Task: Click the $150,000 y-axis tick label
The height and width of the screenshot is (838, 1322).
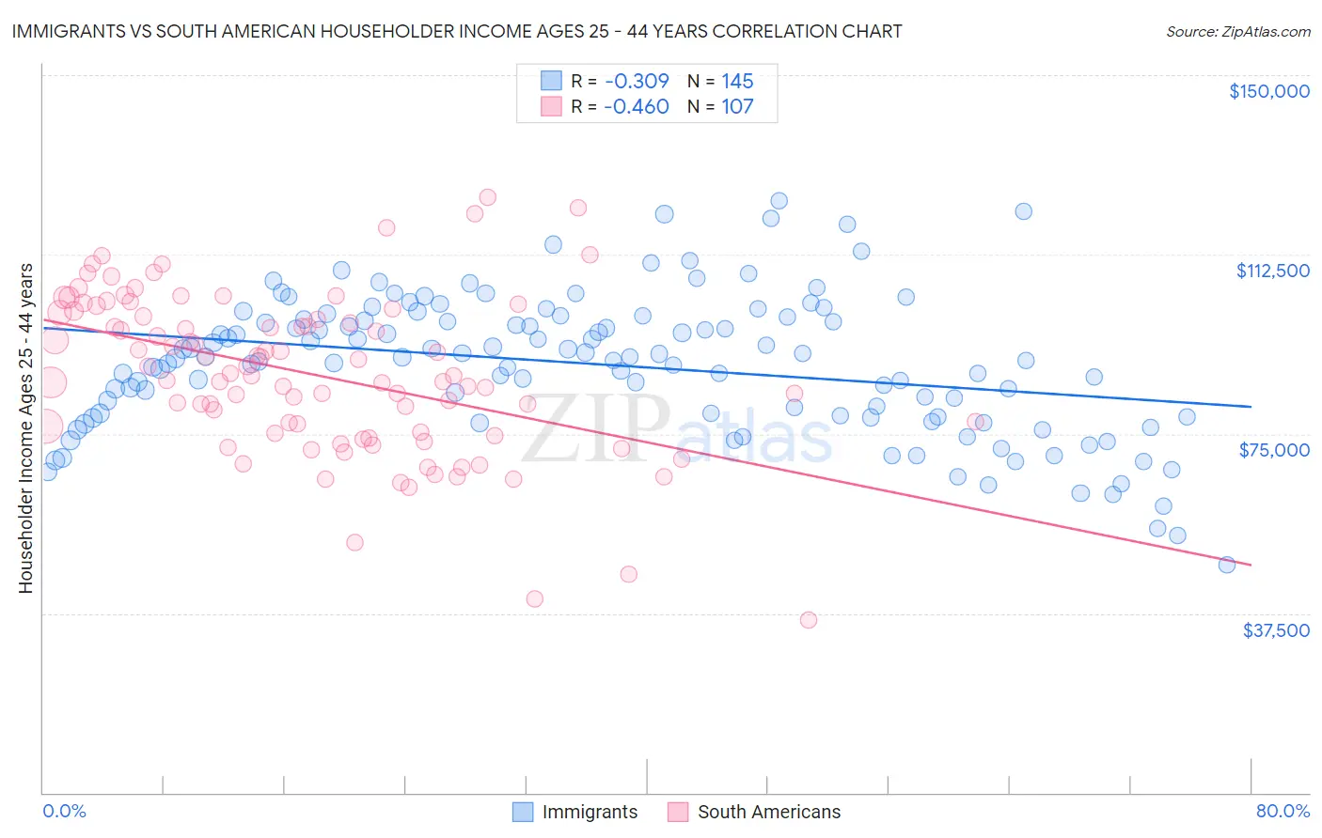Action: [x=1268, y=91]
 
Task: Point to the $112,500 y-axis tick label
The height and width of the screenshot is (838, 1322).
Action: [x=1271, y=271]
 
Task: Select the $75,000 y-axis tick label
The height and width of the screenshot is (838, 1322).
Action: [x=1273, y=450]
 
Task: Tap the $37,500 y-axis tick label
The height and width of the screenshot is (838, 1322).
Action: [x=1275, y=630]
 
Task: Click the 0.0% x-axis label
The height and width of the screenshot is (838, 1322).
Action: [x=64, y=811]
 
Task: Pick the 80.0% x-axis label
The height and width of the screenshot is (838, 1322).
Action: [x=1283, y=811]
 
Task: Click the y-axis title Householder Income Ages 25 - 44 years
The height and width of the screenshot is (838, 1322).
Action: [x=25, y=428]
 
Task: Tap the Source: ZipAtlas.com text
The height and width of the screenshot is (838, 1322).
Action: [x=1237, y=31]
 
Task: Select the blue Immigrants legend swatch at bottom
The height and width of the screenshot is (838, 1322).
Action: [x=523, y=812]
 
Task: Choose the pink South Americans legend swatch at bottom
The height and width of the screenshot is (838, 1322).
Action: [x=678, y=812]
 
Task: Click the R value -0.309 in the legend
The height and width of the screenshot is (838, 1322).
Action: [x=637, y=81]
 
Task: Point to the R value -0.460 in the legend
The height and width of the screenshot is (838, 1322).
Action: [x=637, y=106]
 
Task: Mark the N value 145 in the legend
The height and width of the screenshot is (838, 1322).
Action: [x=737, y=81]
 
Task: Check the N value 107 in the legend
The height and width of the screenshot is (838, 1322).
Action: [x=737, y=106]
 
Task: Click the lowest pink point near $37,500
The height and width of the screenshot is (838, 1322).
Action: [x=809, y=620]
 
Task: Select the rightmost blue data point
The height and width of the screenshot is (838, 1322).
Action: [x=1226, y=565]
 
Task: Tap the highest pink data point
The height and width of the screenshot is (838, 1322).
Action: [x=487, y=197]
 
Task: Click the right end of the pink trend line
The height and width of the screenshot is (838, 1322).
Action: [x=1251, y=565]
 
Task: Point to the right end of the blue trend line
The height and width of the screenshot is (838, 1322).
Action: [x=1251, y=407]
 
